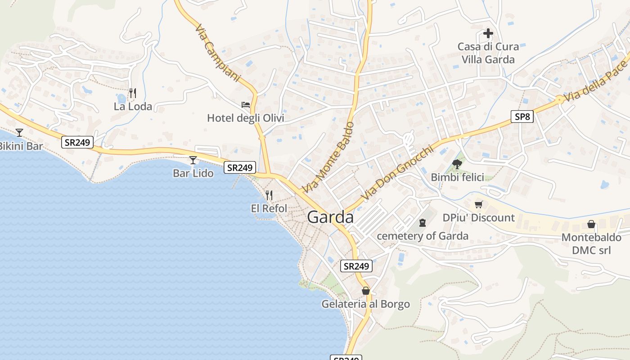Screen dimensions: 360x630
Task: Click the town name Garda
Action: tap(330, 217)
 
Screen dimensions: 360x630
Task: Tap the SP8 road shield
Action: tap(522, 117)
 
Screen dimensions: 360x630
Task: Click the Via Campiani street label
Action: tap(218, 53)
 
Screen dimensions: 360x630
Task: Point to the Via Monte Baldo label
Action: tap(328, 157)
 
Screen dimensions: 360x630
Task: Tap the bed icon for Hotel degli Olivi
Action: tap(246, 105)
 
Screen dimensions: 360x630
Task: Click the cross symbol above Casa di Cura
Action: tap(488, 33)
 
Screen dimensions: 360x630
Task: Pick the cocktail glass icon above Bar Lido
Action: tap(193, 160)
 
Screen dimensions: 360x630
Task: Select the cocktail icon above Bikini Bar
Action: tap(19, 132)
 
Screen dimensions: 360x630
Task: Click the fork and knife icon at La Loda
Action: tap(132, 93)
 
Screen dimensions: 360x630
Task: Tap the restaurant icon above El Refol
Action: tap(269, 195)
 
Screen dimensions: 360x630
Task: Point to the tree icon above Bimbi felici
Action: tap(457, 164)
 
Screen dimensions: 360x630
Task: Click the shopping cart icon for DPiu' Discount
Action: tap(478, 204)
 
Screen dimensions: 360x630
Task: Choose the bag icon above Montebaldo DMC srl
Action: tap(591, 224)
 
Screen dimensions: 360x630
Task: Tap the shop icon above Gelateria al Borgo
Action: tap(365, 291)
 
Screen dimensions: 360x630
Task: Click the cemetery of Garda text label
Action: tap(422, 236)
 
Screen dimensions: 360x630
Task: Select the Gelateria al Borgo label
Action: tap(365, 304)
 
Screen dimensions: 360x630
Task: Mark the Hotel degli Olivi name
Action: tap(246, 118)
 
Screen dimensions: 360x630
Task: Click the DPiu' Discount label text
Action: tap(478, 218)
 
